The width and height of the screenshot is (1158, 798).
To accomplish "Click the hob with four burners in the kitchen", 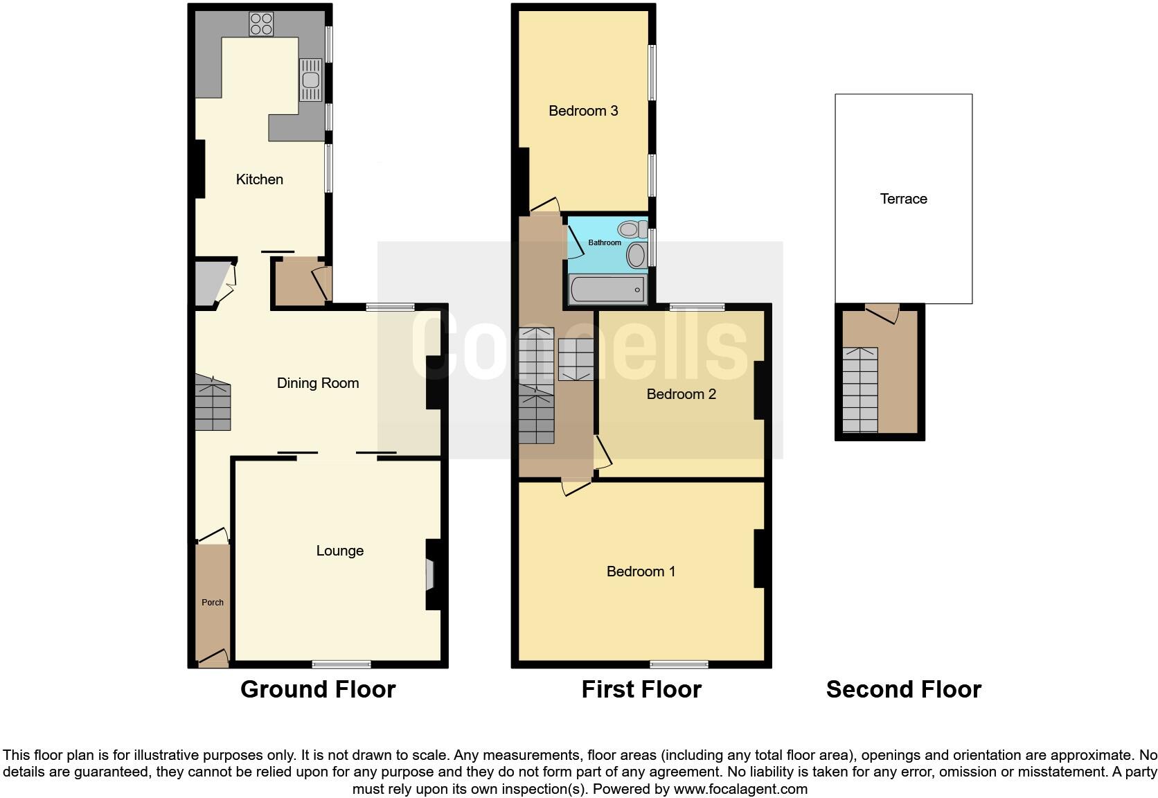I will pos(261,24).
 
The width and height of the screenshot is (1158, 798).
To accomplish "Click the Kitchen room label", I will pos(260,179).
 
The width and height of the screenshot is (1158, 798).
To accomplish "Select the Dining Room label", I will pos(318,383).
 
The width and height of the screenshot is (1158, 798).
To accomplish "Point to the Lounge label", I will pos(339,551).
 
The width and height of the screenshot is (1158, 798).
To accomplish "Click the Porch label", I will pos(213,603).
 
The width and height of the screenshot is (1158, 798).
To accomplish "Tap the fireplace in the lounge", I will pos(429,574).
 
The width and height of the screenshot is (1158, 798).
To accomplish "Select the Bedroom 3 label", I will pos(583,111).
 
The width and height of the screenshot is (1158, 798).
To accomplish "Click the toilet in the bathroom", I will pos(631,229).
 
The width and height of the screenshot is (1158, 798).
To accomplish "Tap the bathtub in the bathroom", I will pos(608,290).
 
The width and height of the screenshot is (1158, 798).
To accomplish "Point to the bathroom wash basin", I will pos(636,256).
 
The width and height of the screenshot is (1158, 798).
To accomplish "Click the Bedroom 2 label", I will pos(681,394).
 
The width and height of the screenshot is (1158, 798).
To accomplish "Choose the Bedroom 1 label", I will pos(641,571).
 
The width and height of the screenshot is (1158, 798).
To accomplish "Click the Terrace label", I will pos(903,199).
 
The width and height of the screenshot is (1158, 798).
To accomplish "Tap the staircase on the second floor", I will pos(860,389).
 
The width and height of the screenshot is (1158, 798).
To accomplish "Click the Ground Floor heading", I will pos(318,689).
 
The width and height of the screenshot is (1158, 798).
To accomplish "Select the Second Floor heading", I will pos(903,689).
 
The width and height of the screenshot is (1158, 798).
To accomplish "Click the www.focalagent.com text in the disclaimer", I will pos(740,788).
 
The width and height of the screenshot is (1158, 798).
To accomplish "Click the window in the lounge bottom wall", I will pos(341,665).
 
